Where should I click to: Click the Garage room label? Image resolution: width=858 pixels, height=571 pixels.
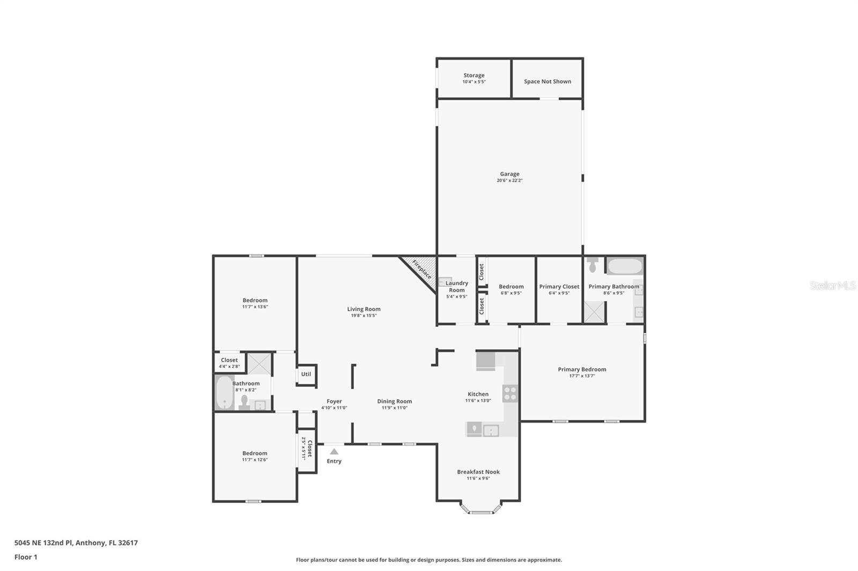coord(509,174)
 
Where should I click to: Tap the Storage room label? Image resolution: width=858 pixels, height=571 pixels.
coord(474,76)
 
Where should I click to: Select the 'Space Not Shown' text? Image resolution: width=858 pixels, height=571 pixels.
coord(548,81)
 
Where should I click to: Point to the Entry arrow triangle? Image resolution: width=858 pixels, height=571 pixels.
coord(334,452)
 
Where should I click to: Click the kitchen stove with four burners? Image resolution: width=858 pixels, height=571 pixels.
coord(510,394)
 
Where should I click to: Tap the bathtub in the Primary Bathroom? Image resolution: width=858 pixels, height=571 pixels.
coord(625,267)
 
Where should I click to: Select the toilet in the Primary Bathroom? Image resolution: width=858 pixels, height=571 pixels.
coord(593,265)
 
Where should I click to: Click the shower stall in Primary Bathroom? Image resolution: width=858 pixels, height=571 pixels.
coord(594,312)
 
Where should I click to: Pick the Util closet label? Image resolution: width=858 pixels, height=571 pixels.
coord(306,374)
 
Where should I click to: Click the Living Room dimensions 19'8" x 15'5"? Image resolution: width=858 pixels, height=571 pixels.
coord(364,315)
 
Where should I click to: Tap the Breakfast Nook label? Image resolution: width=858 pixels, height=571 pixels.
coord(478,472)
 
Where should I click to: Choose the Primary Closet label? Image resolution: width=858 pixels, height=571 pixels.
coord(559,287)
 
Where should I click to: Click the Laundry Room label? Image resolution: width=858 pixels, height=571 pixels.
coord(457,287)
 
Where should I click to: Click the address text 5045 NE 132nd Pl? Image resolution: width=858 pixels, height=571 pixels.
coord(76,543)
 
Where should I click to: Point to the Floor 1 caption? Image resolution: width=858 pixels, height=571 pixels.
coord(26,557)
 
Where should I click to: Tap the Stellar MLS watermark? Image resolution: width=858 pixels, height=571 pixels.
coord(832,285)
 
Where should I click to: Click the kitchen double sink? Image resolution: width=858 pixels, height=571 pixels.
coord(483,430)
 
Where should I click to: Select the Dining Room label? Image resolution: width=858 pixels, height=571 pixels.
coord(394,401)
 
